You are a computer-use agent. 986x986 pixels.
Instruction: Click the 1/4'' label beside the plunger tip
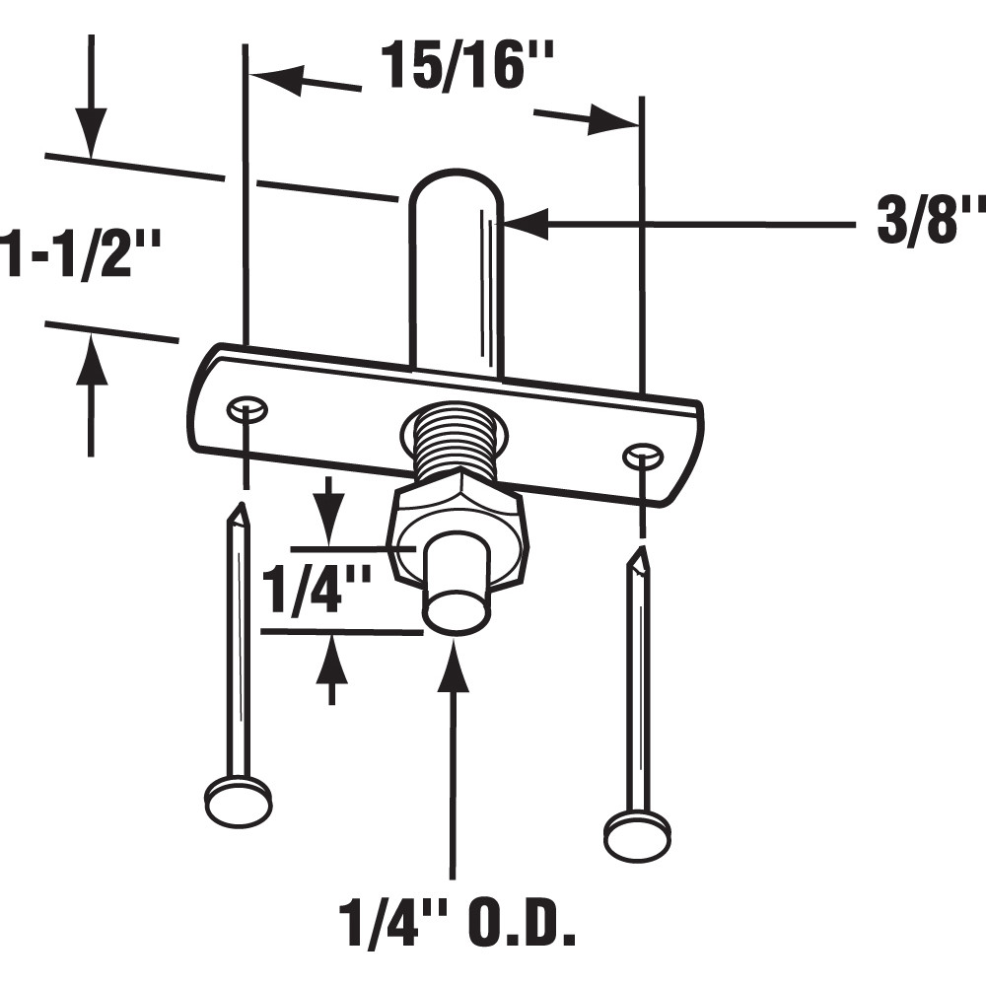click(x=316, y=590)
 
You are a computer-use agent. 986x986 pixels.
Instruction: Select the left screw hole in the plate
click(x=246, y=407)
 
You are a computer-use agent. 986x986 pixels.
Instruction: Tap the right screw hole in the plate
click(x=642, y=455)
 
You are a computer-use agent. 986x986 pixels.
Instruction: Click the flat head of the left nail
click(x=239, y=800)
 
